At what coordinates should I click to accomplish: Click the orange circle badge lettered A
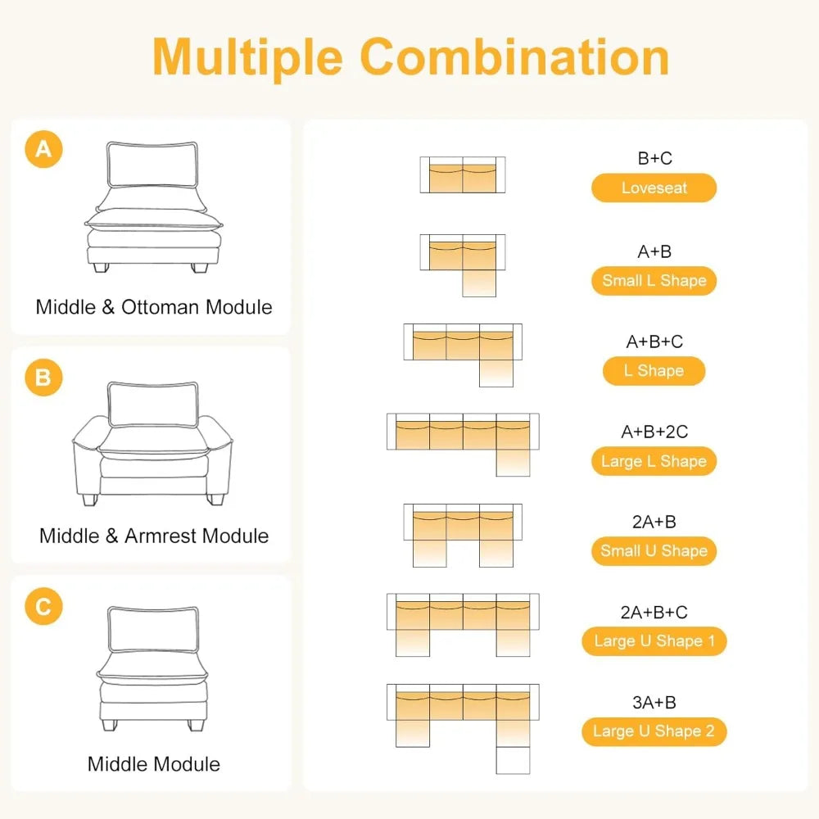[44, 149]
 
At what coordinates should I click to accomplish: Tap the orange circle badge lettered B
[44, 377]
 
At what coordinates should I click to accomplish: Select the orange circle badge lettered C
[44, 606]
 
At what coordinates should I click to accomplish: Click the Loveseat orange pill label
[654, 188]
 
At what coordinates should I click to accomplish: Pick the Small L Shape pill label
[654, 280]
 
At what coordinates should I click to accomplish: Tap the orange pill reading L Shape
[654, 371]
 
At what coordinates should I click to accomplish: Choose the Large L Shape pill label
[654, 461]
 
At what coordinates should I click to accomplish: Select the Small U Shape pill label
[654, 551]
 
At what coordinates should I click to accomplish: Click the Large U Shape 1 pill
[654, 641]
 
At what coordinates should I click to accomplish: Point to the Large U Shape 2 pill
[654, 731]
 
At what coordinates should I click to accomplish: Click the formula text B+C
[654, 158]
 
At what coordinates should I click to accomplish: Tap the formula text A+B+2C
[654, 432]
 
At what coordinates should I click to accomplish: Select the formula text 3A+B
[654, 703]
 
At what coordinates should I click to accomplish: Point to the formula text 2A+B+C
[654, 612]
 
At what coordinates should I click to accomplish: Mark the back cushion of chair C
[154, 630]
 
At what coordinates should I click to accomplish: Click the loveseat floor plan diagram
[463, 175]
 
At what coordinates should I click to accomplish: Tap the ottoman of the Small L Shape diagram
[479, 283]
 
